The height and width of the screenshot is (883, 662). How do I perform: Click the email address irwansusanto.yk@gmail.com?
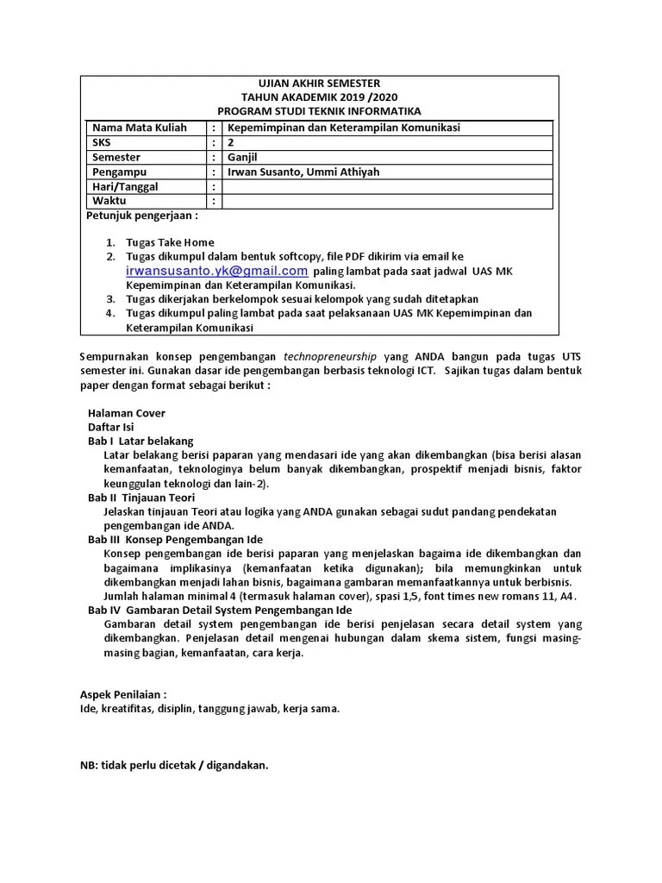point(216,270)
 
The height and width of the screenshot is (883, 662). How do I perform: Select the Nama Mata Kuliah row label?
point(140,128)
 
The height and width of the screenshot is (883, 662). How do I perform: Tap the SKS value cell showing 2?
point(231,142)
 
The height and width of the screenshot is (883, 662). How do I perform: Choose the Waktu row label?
point(109,201)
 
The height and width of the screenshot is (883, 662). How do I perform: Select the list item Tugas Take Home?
point(170,242)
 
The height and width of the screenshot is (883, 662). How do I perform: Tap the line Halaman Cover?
point(127,413)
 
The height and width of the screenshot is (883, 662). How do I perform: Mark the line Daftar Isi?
point(111,427)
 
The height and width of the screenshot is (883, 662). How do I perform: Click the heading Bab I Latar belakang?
point(141,441)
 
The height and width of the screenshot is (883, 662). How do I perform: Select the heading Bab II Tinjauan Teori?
point(141,498)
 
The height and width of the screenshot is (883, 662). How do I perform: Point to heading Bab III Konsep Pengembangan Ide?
point(175,539)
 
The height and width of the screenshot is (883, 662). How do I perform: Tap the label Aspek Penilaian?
point(123,694)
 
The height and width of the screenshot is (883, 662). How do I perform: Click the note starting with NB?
point(174,765)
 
